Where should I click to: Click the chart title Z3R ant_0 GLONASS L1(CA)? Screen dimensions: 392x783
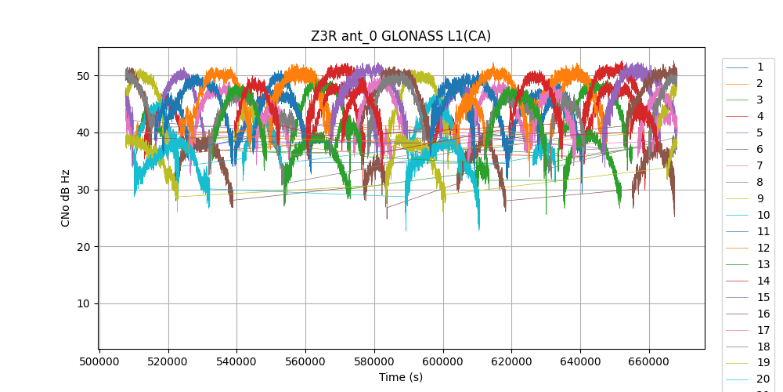pos(401,36)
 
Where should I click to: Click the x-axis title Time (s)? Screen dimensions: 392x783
pos(401,377)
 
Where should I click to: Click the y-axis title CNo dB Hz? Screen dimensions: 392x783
pos(66,198)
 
